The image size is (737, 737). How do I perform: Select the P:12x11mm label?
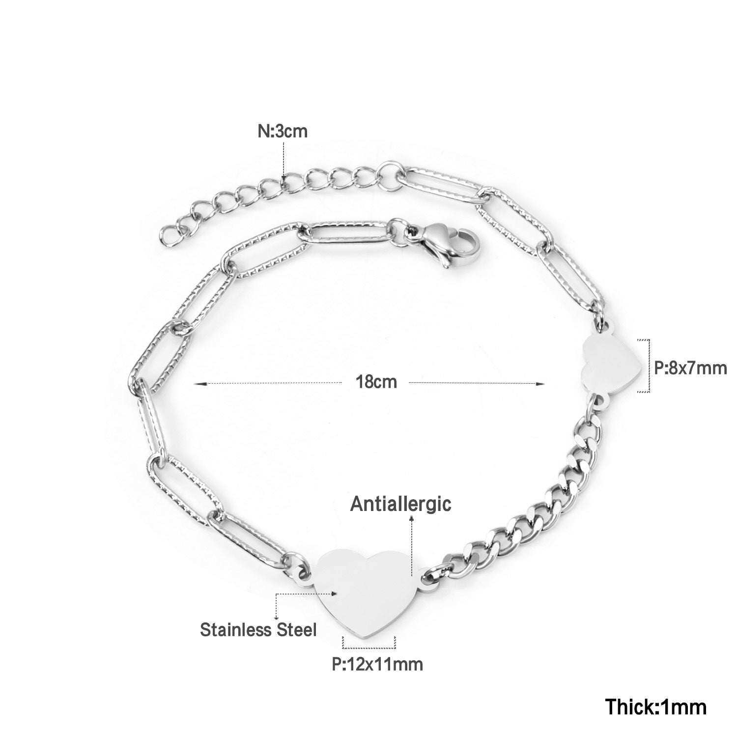[x=377, y=664]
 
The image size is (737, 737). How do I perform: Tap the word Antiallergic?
[x=400, y=505]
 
